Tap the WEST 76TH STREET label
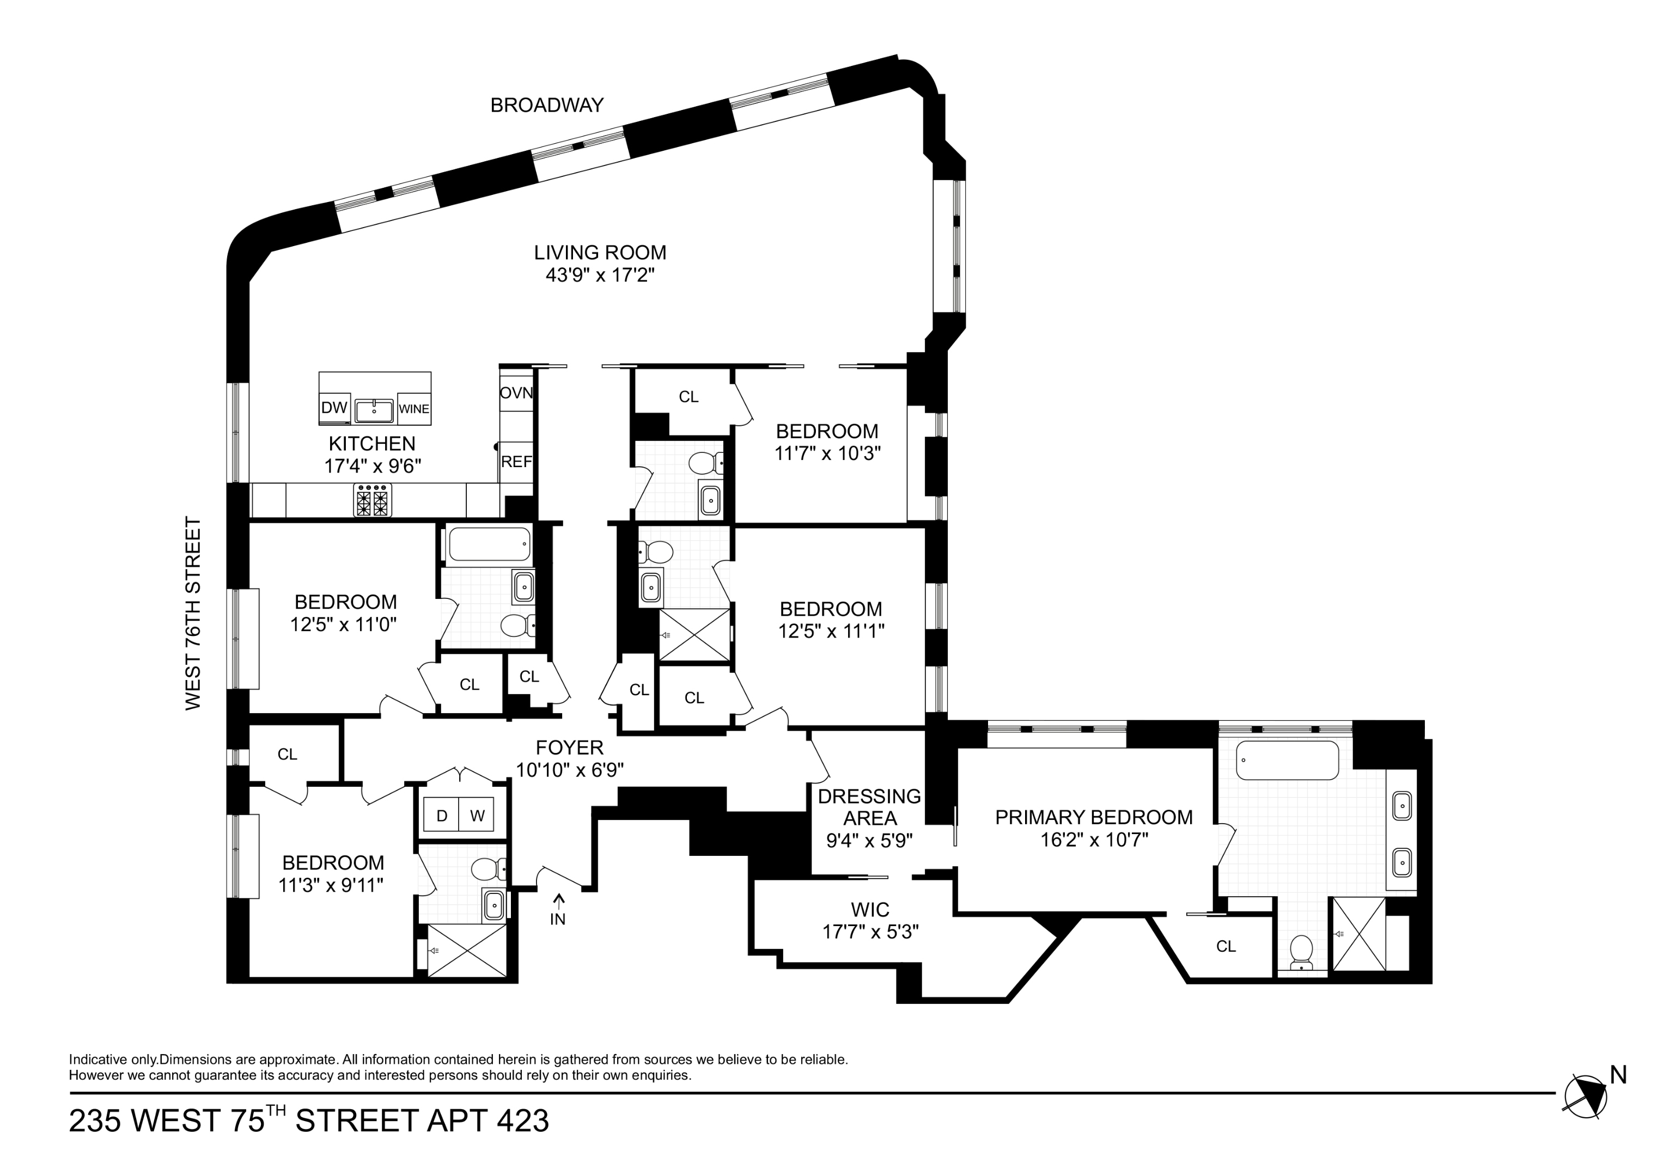[193, 613]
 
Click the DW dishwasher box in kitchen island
[334, 408]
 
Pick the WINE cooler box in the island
[414, 409]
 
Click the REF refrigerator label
[516, 462]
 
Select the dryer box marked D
[441, 816]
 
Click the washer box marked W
[477, 816]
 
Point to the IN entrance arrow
[558, 911]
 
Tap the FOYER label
[569, 748]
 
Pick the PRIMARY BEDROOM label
[1093, 817]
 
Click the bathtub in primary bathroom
[1287, 760]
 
